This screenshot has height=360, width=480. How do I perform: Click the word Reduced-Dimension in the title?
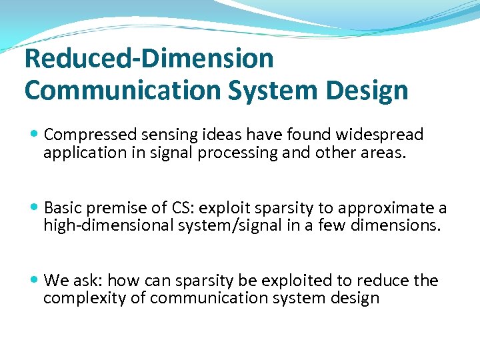point(149,59)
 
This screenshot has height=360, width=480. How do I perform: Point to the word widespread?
point(380,135)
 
